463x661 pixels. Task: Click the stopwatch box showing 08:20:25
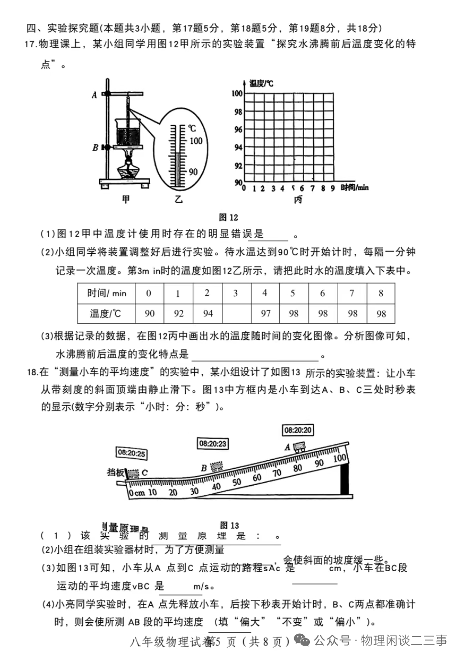tap(132, 453)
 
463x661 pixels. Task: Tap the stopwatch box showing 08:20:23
tap(212, 444)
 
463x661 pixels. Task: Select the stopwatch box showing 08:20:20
tap(298, 430)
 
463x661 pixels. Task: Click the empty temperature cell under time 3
tap(236, 314)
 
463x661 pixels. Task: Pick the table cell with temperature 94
tap(208, 314)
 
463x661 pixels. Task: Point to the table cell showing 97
tap(265, 314)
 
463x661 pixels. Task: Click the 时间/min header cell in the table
tap(106, 293)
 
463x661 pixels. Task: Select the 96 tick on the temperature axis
tap(238, 130)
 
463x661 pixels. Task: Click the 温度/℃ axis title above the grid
tap(261, 84)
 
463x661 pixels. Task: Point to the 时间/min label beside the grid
tap(354, 187)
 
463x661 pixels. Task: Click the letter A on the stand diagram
tap(94, 95)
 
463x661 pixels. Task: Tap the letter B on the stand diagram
tap(95, 148)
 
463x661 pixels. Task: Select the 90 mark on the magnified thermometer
tap(193, 172)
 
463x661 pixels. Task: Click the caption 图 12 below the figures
tap(228, 217)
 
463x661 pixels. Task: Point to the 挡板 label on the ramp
tap(116, 472)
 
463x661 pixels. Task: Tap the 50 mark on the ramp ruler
tap(237, 482)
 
